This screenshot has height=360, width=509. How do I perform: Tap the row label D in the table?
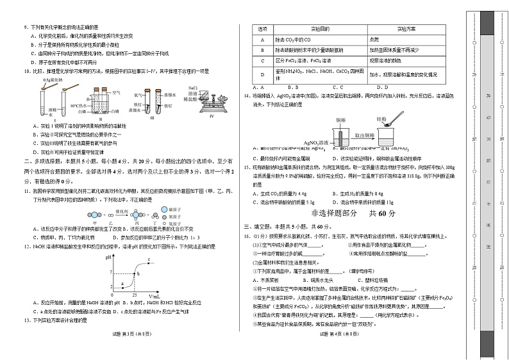coord(262,74)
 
